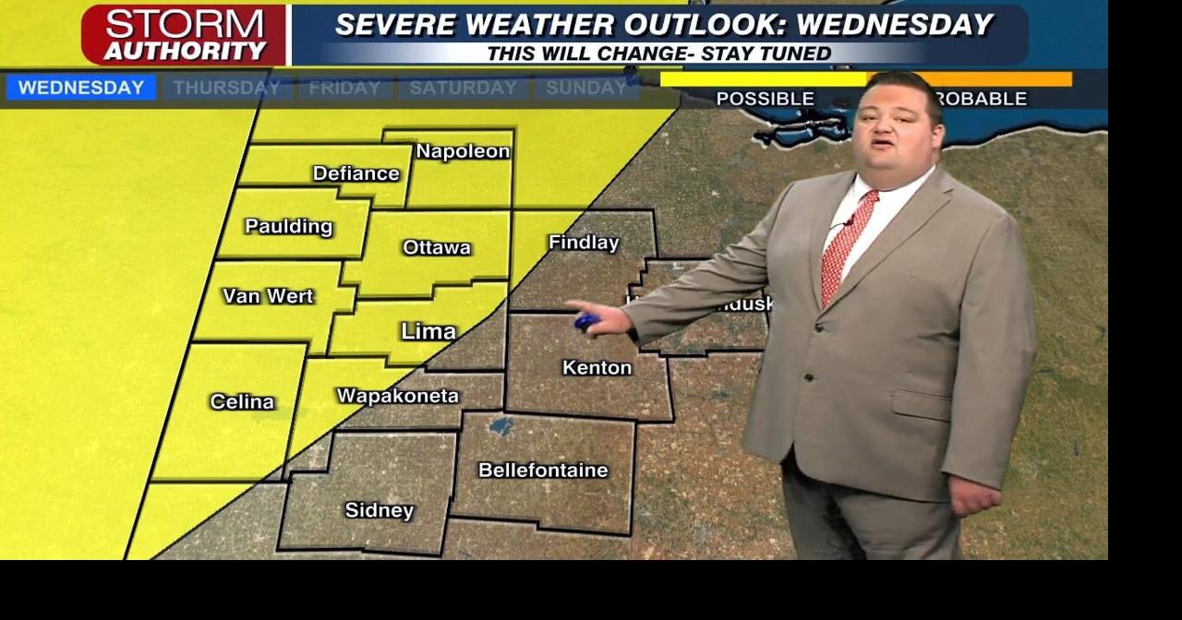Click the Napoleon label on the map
(x=463, y=151)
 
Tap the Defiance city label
(x=356, y=173)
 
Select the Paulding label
(x=288, y=226)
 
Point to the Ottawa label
(x=437, y=247)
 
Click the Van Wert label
(x=268, y=296)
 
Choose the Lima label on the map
(x=428, y=331)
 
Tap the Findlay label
(x=584, y=243)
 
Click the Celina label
(x=242, y=401)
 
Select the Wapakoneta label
(x=397, y=396)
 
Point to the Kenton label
(x=597, y=368)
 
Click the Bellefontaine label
(x=543, y=471)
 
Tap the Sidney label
(x=379, y=510)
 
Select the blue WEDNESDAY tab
(x=81, y=88)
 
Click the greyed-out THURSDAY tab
(x=226, y=88)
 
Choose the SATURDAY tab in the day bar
(x=463, y=88)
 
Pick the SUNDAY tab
(x=585, y=88)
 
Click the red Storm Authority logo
(x=184, y=35)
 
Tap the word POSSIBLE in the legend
(x=765, y=99)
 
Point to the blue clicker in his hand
(x=586, y=322)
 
